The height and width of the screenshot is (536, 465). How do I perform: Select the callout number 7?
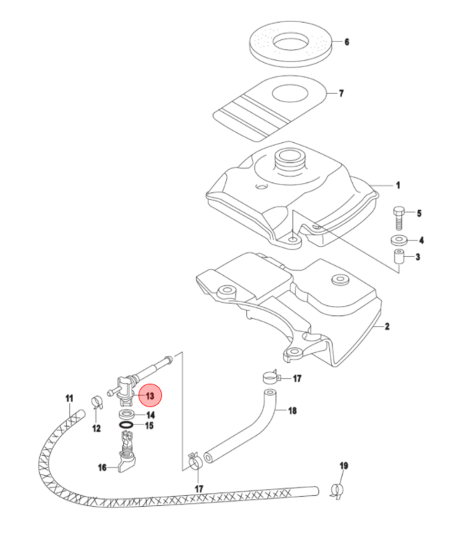coord(341,94)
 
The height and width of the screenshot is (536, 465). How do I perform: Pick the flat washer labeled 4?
coord(399,240)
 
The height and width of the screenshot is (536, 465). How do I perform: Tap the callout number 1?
coord(398,184)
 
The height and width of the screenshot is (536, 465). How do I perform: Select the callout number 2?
coord(386,327)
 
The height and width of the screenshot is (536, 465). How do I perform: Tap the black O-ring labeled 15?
coord(127,426)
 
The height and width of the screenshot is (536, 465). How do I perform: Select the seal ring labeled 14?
coord(150,426)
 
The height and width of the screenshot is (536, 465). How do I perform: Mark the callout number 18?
coord(291,411)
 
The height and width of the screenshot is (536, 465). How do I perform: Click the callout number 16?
coord(102,467)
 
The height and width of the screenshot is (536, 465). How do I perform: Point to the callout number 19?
coord(343,467)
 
